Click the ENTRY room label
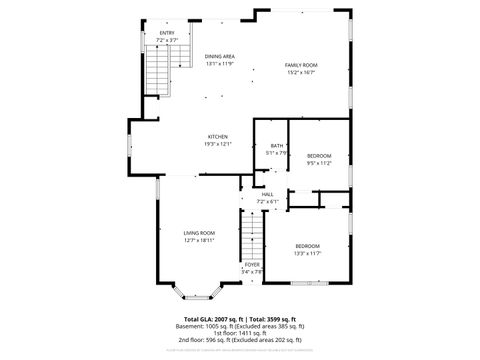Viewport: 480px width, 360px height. (x=167, y=33)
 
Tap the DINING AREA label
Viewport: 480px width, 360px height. (x=220, y=56)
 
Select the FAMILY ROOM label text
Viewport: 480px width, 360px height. (x=301, y=64)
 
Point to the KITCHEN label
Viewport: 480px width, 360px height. (x=218, y=136)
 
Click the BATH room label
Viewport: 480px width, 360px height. (x=276, y=146)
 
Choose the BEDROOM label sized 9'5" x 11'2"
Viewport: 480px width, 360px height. (x=319, y=155)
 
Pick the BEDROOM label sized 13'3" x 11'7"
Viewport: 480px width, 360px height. (x=307, y=246)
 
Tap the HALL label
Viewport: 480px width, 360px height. (x=267, y=194)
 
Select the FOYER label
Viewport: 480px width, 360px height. (x=252, y=264)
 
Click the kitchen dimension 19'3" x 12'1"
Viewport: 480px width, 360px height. (x=218, y=144)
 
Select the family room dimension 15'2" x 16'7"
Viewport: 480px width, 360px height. (x=301, y=72)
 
